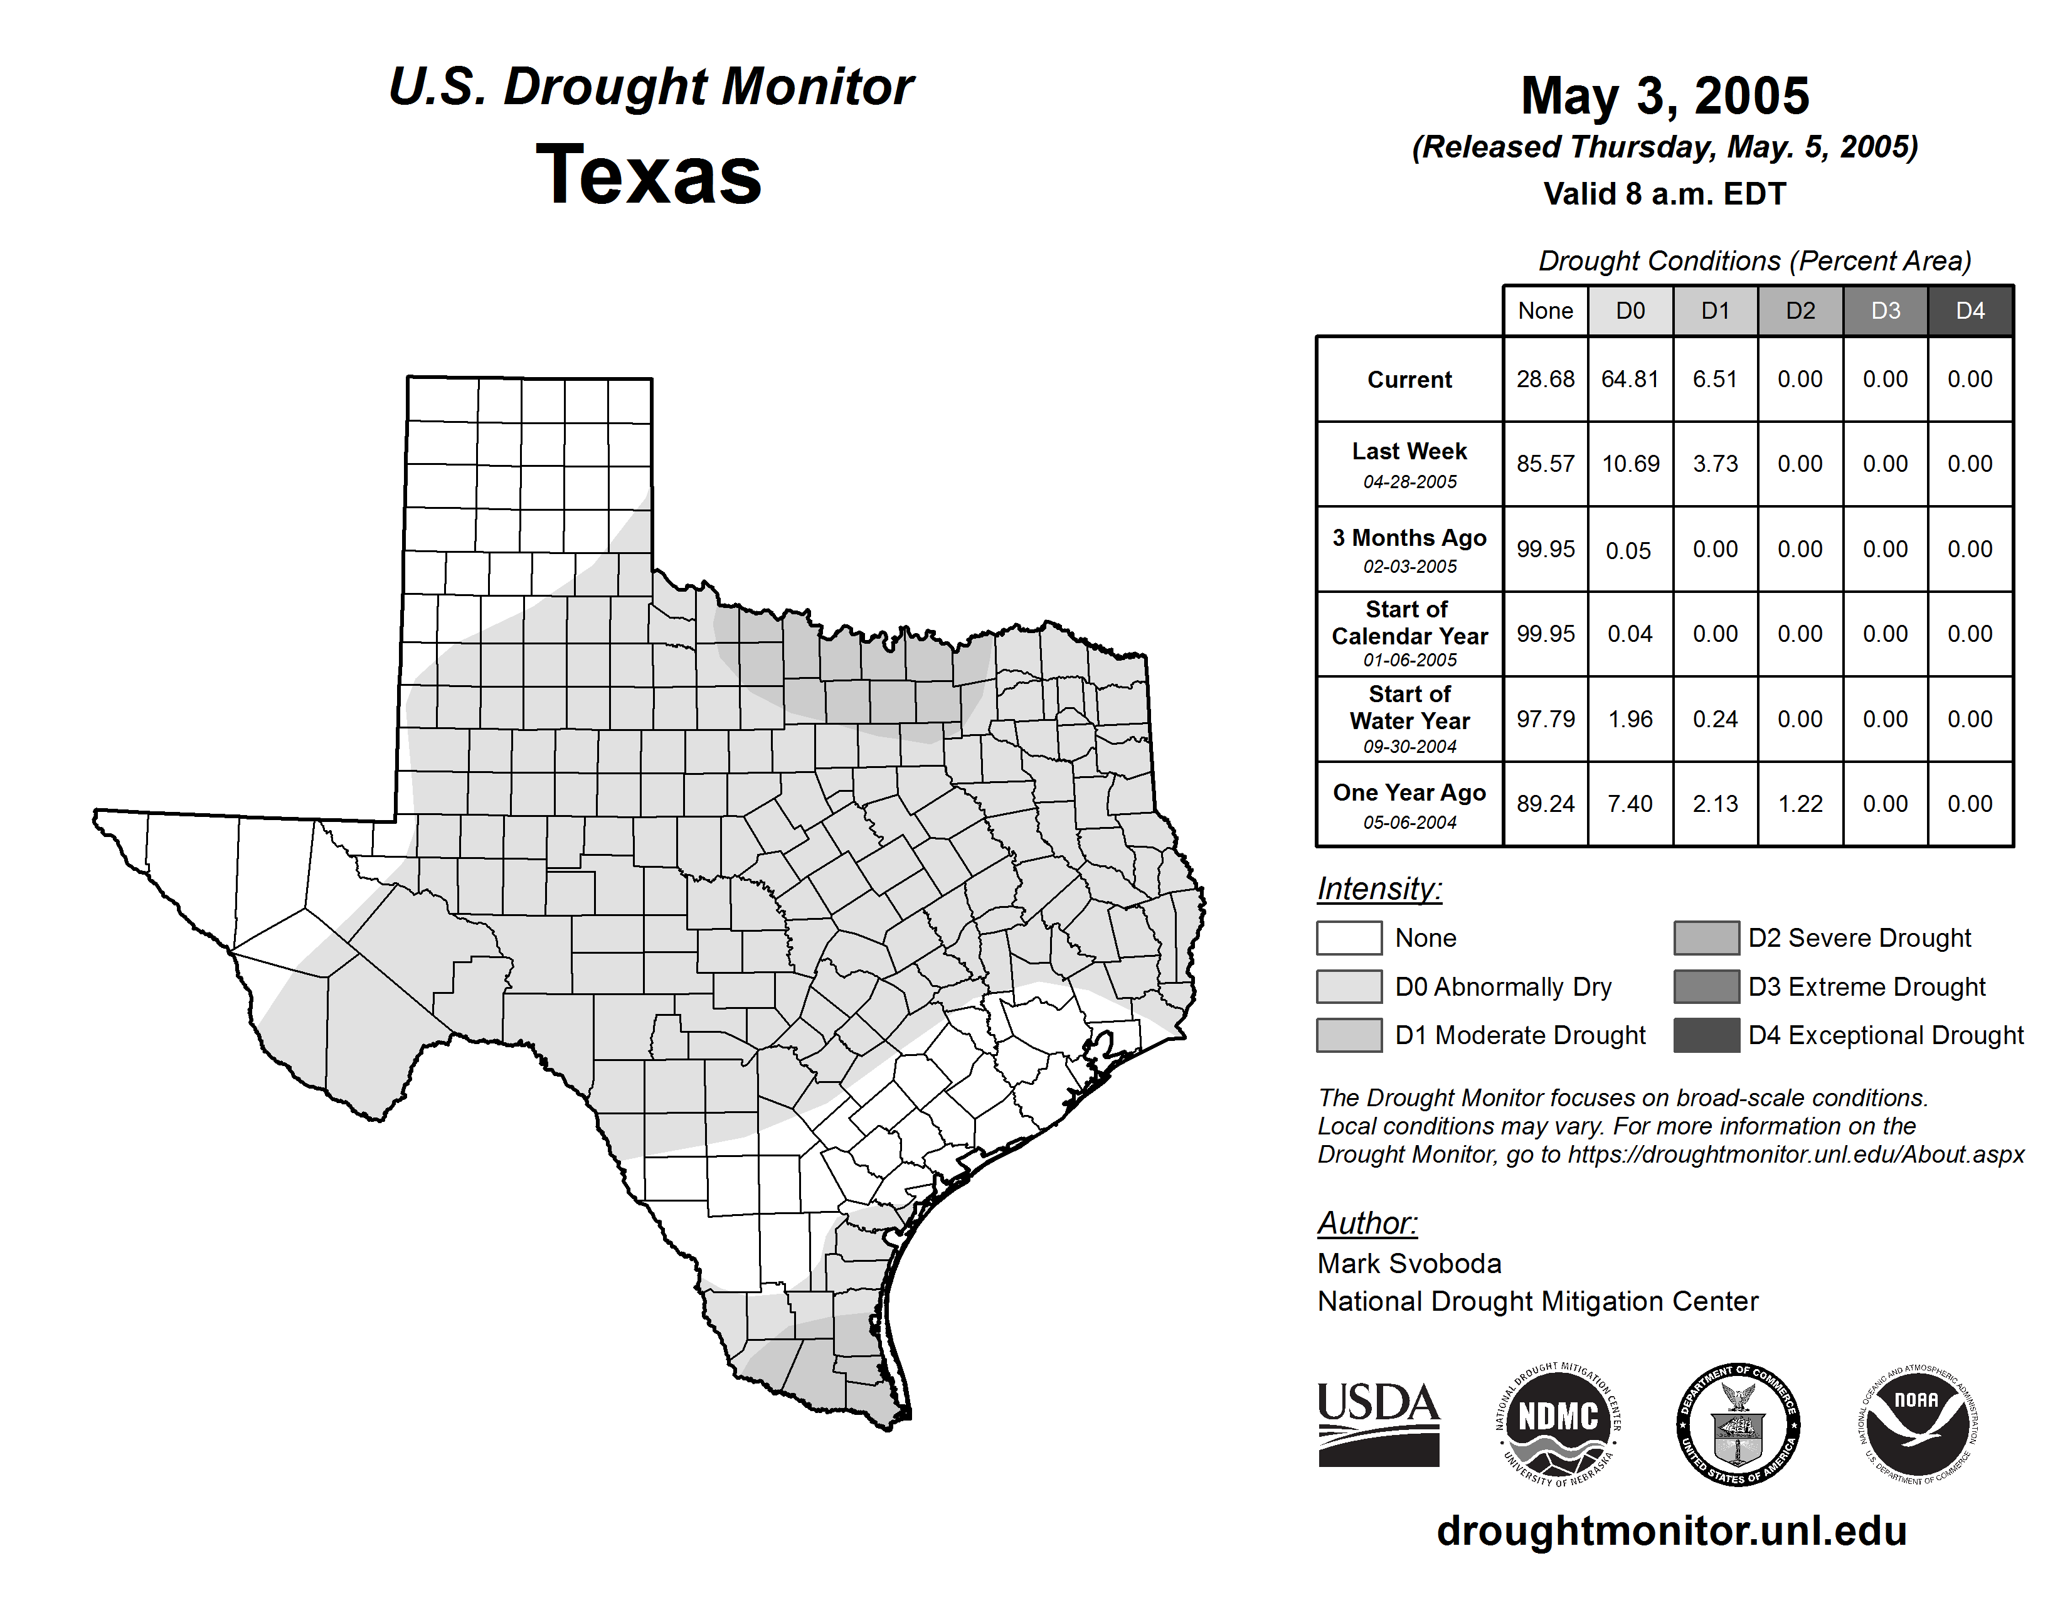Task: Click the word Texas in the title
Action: pyautogui.click(x=649, y=174)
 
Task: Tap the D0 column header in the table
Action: pyautogui.click(x=1630, y=311)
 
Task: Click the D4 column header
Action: pyautogui.click(x=1970, y=311)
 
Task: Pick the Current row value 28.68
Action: pyautogui.click(x=1545, y=379)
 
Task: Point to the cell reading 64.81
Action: pyautogui.click(x=1630, y=379)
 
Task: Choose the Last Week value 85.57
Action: pyautogui.click(x=1545, y=464)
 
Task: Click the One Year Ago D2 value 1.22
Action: pyautogui.click(x=1800, y=804)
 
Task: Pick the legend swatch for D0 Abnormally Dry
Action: pyautogui.click(x=1349, y=986)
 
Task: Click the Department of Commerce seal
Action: pyautogui.click(x=1738, y=1424)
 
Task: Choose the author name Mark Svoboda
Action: pyautogui.click(x=1409, y=1264)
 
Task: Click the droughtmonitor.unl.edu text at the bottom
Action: pyautogui.click(x=1671, y=1531)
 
